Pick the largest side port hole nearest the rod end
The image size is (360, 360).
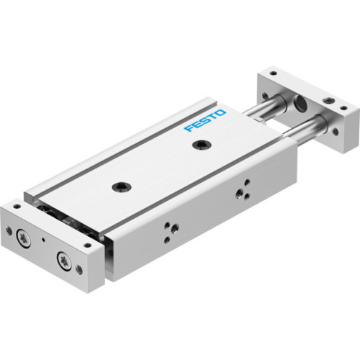tap(240, 192)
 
